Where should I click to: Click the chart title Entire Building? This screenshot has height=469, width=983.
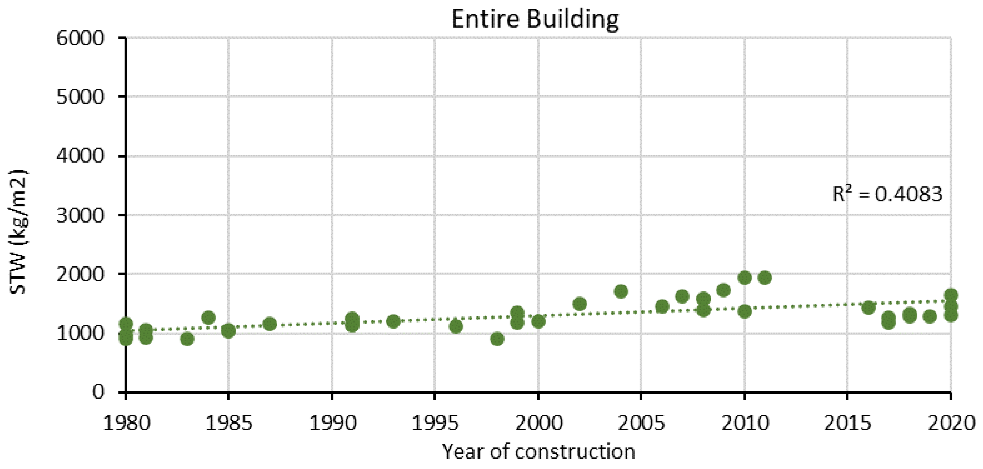535,19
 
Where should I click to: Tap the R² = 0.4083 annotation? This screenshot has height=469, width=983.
887,195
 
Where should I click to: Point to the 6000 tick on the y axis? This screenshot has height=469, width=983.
80,38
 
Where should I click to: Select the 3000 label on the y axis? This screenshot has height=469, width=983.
80,215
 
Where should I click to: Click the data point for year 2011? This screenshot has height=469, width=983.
765,278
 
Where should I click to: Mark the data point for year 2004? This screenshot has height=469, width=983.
621,292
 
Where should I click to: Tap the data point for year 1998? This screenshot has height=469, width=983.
497,338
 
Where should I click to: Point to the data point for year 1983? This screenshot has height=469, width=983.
187,338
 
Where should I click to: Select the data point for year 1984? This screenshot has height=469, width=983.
208,317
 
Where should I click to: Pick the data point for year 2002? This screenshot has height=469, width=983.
579,304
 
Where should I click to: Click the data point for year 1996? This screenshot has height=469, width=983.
456,326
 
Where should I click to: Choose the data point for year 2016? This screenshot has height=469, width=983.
868,308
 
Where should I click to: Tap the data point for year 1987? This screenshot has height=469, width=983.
269,324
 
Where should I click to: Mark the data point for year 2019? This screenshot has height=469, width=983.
930,316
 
